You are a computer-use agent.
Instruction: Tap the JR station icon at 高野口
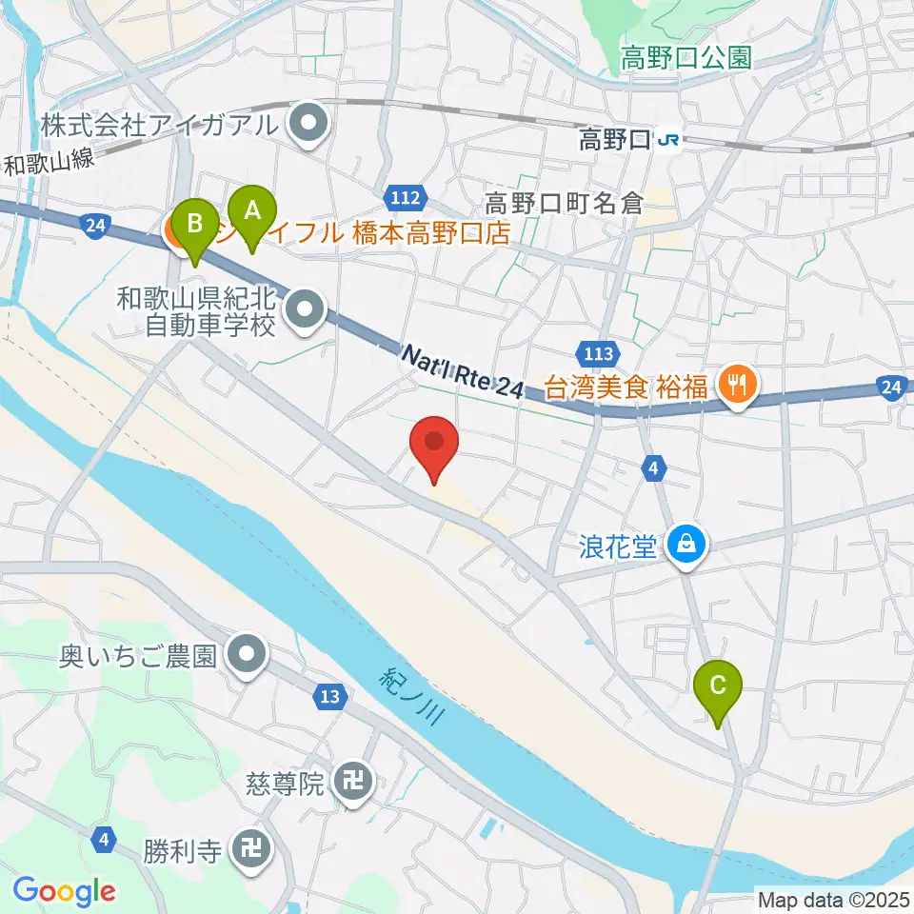tap(668, 141)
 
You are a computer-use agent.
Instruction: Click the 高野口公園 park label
tap(685, 58)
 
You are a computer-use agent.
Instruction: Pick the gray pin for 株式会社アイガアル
tap(308, 123)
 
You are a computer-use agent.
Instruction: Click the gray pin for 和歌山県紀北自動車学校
tap(306, 308)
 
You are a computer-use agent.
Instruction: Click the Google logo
tap(64, 891)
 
